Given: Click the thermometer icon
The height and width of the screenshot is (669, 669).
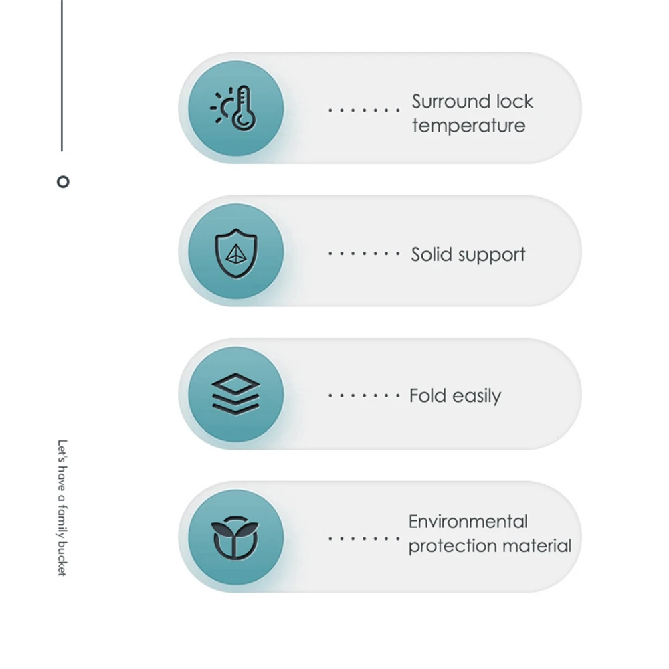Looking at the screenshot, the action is (243, 108).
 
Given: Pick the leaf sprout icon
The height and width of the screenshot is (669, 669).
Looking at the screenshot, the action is (235, 537).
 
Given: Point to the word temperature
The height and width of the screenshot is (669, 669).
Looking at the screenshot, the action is (468, 126).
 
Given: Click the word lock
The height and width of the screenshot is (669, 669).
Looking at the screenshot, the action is (514, 102).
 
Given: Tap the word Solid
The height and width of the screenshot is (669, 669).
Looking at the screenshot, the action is (431, 254).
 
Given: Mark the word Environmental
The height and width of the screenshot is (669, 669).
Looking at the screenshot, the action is (468, 522).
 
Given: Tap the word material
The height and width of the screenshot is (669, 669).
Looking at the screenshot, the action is (540, 546).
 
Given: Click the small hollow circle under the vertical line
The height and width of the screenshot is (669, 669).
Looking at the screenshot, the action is (63, 181).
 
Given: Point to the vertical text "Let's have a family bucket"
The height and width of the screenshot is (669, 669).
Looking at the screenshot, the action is (62, 507).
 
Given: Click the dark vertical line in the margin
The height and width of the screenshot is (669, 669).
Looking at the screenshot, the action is (62, 74).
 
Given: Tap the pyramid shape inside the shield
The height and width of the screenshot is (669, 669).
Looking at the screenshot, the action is (235, 252).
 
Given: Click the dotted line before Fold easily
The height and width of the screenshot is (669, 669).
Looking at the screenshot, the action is (364, 396).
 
